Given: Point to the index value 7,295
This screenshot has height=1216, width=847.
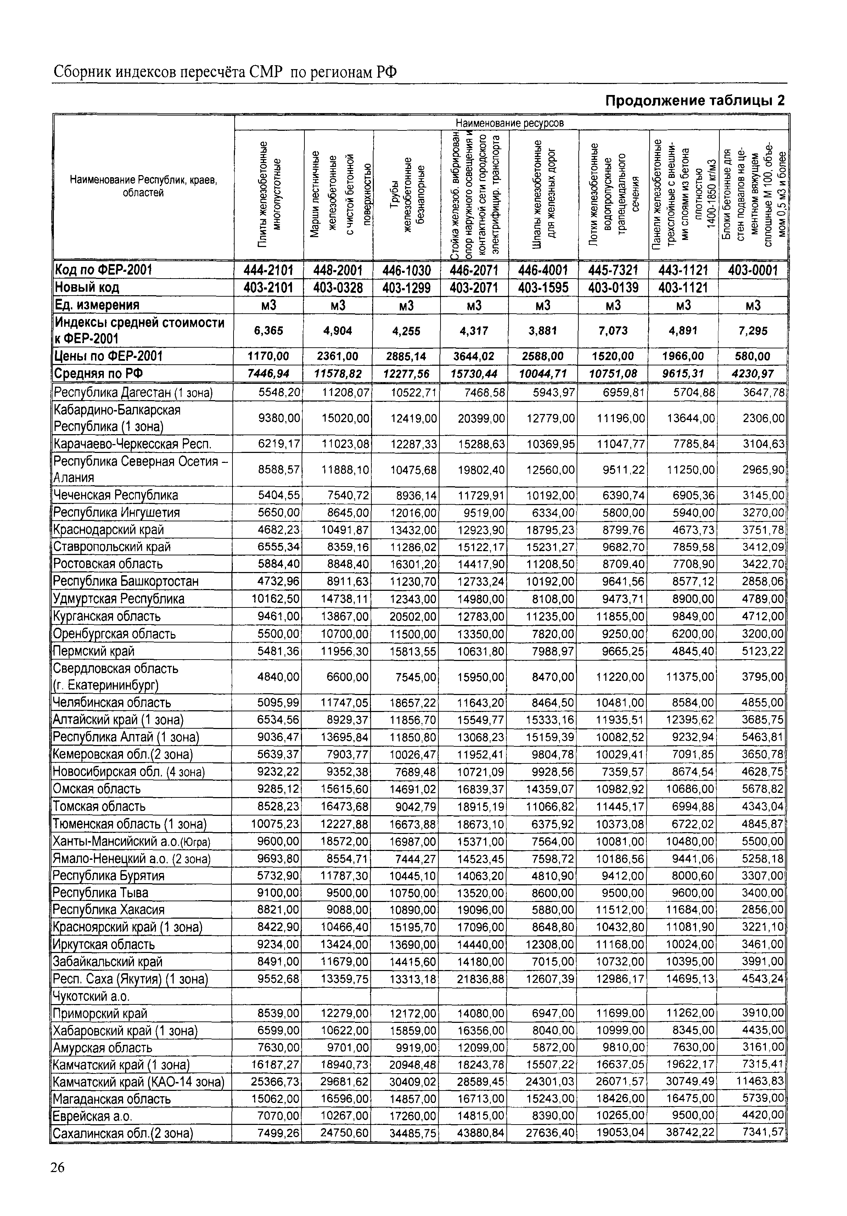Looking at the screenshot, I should point(753,331).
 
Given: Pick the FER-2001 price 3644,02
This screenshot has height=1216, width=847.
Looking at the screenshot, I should point(473,356).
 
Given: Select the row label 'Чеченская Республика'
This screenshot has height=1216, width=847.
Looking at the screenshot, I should point(116,495).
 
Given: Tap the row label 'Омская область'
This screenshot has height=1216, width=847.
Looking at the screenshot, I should point(97,789).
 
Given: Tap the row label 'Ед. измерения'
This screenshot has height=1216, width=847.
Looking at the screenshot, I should point(97,305).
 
